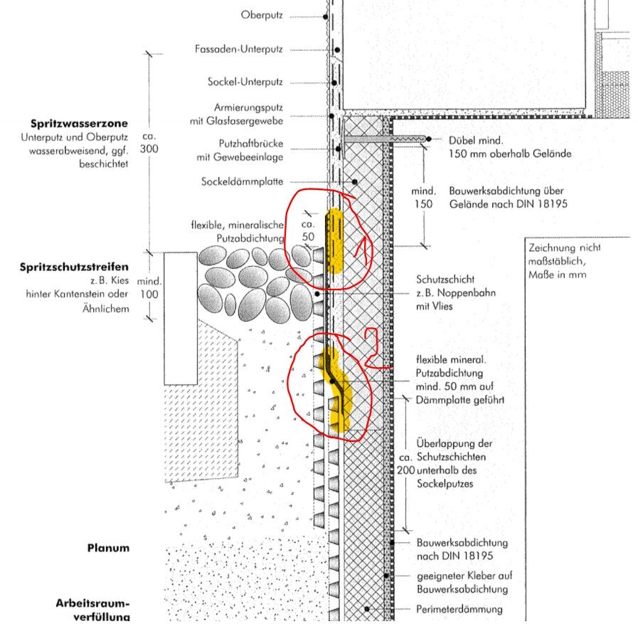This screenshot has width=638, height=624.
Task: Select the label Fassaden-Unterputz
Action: [x=238, y=49]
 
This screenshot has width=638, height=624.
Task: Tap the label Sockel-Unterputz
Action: [x=245, y=83]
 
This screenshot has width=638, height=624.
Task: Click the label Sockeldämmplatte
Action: [x=243, y=181]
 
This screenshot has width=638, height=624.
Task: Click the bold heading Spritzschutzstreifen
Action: [x=74, y=268]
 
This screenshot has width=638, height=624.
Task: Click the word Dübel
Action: [x=461, y=140]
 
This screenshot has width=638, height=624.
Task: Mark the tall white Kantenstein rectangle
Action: [x=181, y=317]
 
